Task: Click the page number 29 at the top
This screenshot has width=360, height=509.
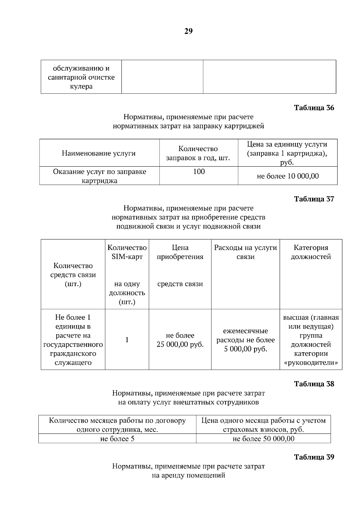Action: point(188,31)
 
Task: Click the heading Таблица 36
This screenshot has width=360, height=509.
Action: point(314,108)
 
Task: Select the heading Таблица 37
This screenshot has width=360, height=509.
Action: point(314,199)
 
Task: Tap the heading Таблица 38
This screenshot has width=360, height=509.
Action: point(314,384)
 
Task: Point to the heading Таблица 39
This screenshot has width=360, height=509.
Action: point(314,457)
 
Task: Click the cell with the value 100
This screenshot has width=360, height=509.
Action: point(199,172)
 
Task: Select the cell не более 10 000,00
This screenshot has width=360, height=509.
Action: point(288,176)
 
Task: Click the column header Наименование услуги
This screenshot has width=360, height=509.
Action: point(99,153)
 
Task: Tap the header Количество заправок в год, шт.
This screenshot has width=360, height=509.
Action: point(198,153)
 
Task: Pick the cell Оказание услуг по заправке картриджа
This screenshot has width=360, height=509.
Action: point(99,176)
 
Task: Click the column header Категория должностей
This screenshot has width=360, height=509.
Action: point(311,252)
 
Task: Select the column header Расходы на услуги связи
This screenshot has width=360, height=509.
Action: point(245,252)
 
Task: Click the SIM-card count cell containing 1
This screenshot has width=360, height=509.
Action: point(127,340)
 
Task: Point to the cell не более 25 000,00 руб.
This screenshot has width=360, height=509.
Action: point(180,340)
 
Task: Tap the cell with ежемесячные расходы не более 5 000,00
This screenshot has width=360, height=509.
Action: point(245,340)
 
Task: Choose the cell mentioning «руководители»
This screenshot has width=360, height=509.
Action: point(311,340)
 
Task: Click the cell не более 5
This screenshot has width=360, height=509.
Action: point(117,439)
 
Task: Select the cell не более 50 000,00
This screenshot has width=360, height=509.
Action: point(263,439)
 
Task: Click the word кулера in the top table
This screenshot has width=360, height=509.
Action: point(81,87)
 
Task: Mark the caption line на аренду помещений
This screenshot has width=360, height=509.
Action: point(188,475)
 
